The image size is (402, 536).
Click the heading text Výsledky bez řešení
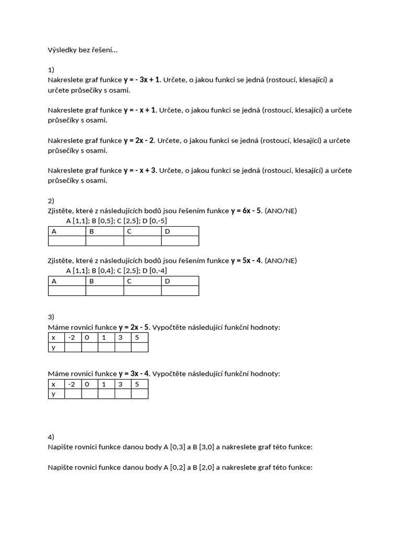(x=83, y=50)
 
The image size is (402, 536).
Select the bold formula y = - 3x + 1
(x=142, y=80)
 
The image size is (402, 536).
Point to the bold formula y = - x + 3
(x=140, y=171)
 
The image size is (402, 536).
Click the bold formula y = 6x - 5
(x=246, y=211)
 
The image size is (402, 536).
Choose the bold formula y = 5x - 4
(x=246, y=261)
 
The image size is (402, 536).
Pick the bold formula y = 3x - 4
(x=134, y=374)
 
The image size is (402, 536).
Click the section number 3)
(x=51, y=317)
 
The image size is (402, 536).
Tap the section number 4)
(x=51, y=437)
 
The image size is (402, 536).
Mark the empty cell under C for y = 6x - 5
(x=142, y=241)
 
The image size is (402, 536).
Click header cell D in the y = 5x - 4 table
(x=180, y=281)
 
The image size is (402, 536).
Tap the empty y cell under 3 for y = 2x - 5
(x=123, y=347)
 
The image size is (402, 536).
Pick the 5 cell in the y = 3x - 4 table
(x=139, y=384)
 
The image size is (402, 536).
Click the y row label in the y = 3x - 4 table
(x=55, y=394)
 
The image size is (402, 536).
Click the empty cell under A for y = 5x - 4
(x=67, y=291)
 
